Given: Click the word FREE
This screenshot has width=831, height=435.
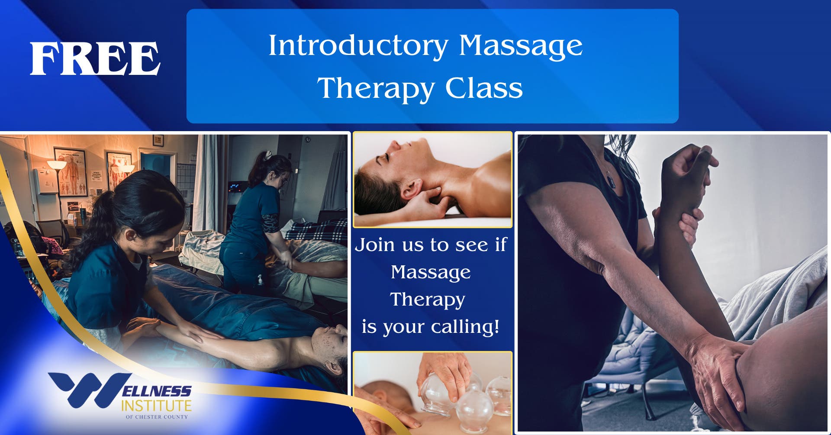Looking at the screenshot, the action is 95,59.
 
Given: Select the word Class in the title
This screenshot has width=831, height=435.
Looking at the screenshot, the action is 484,88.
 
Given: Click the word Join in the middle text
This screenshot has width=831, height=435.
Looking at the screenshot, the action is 375,245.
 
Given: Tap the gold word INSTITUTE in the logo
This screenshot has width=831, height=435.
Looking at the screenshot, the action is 156,406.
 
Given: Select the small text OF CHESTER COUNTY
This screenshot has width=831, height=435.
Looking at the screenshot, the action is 157,417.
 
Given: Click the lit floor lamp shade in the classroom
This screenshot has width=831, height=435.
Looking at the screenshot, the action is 56,165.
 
